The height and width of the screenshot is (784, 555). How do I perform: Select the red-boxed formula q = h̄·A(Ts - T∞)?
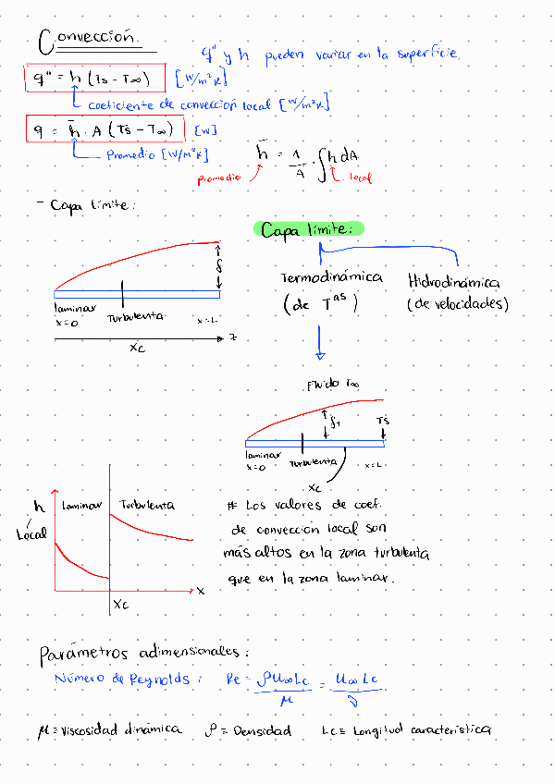105,130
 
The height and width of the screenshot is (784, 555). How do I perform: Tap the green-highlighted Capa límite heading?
308,230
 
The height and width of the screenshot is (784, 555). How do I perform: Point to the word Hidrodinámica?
453,281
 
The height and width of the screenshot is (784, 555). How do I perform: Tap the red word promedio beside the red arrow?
219,175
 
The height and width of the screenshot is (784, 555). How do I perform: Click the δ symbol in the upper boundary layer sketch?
218,267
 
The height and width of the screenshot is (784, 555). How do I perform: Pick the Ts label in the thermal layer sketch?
383,422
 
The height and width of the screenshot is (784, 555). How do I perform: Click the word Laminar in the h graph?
80,506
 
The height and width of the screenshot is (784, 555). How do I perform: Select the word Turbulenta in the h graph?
146,506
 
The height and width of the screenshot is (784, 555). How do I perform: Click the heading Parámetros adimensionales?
143,654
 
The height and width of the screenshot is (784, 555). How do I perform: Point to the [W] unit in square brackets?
204,131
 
